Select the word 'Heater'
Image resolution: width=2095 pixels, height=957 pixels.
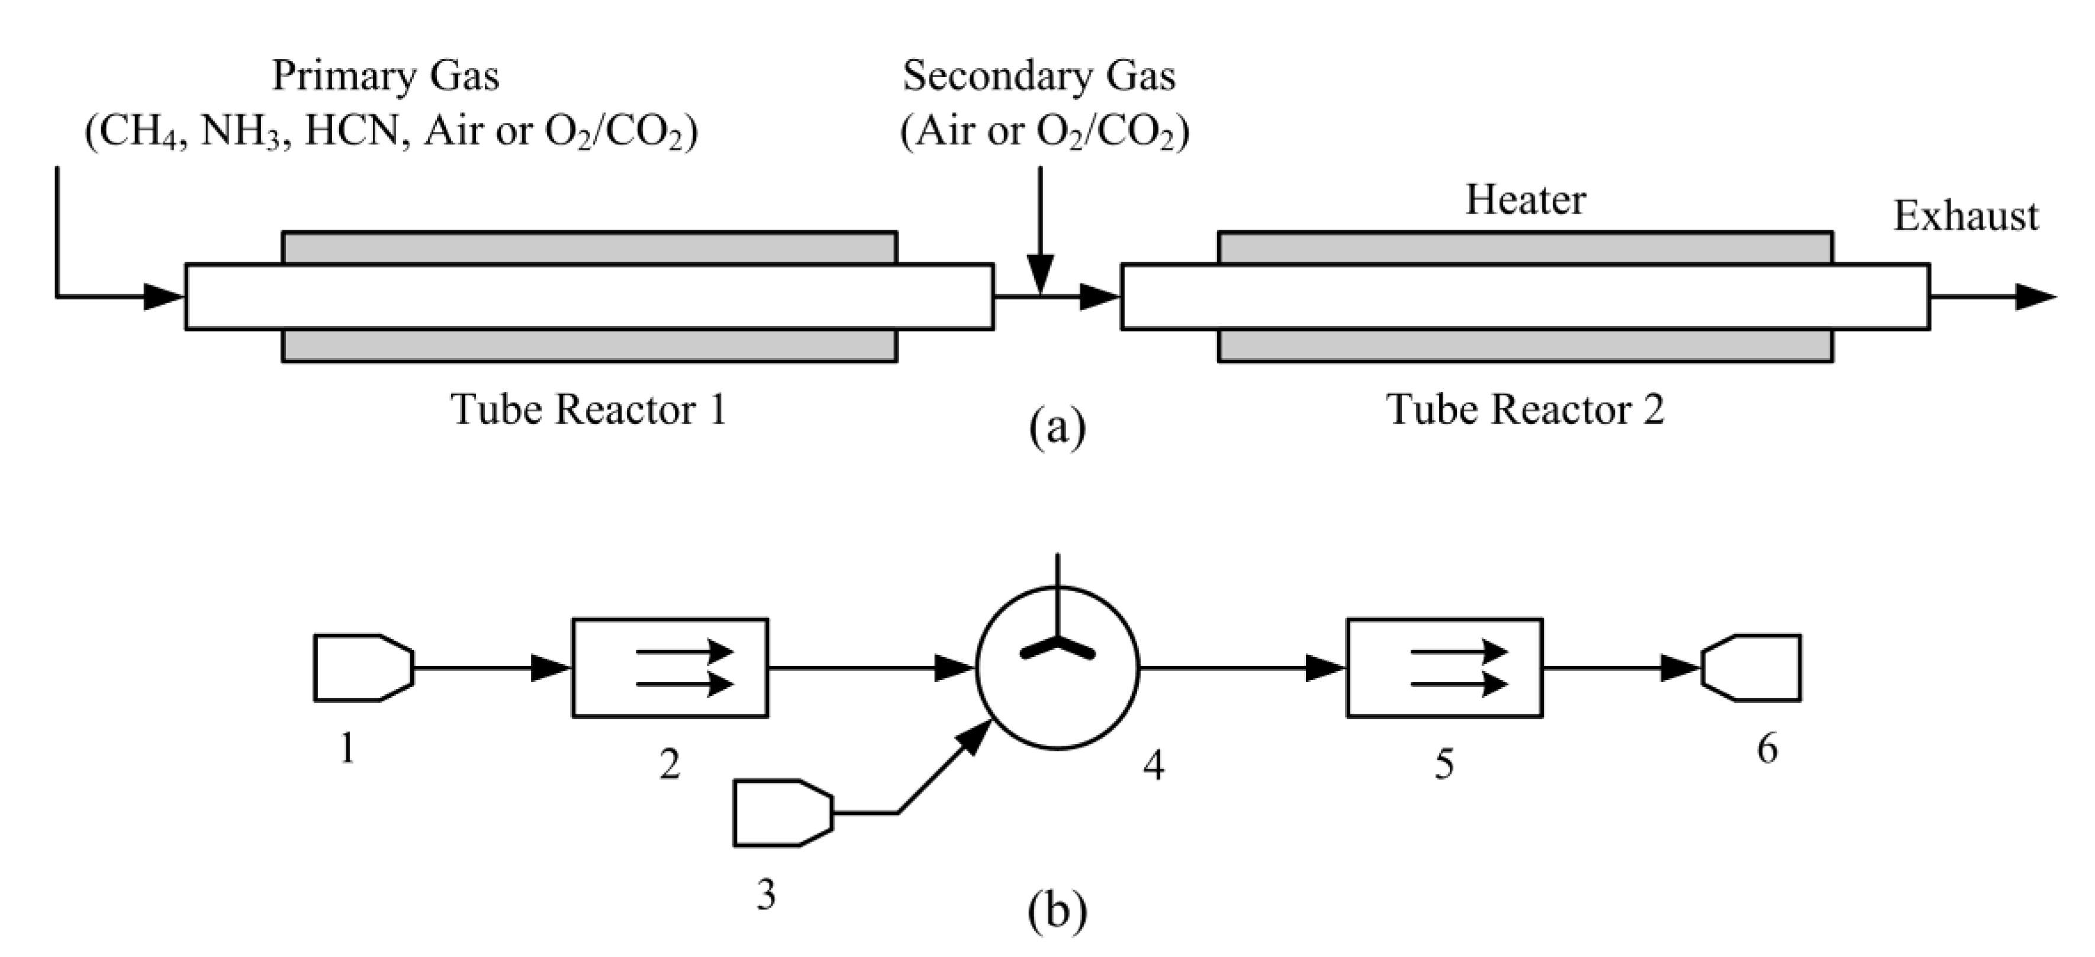[x=1526, y=200]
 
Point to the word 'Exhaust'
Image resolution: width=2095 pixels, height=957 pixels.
[x=1967, y=216]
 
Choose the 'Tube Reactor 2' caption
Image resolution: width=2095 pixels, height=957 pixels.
[x=1525, y=409]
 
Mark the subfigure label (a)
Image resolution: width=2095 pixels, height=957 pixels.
[x=1057, y=426]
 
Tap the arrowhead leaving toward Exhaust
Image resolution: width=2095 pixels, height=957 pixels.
[x=2036, y=297]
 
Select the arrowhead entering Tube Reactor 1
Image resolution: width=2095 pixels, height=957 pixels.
[x=165, y=297]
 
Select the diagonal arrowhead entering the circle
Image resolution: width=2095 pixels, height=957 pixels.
[x=973, y=737]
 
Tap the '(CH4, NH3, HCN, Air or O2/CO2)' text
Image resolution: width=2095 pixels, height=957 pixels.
[x=392, y=130]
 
